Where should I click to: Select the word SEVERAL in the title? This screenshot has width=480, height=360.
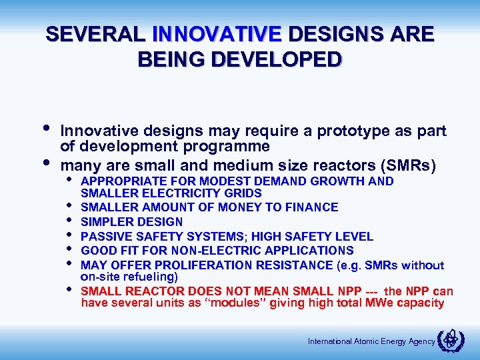tap(95, 34)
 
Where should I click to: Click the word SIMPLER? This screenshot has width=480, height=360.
tap(104, 222)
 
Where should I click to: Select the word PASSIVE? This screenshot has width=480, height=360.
tap(105, 237)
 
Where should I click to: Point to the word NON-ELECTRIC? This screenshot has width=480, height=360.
tap(215, 251)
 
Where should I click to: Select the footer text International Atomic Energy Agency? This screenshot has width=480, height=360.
tap(371, 341)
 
